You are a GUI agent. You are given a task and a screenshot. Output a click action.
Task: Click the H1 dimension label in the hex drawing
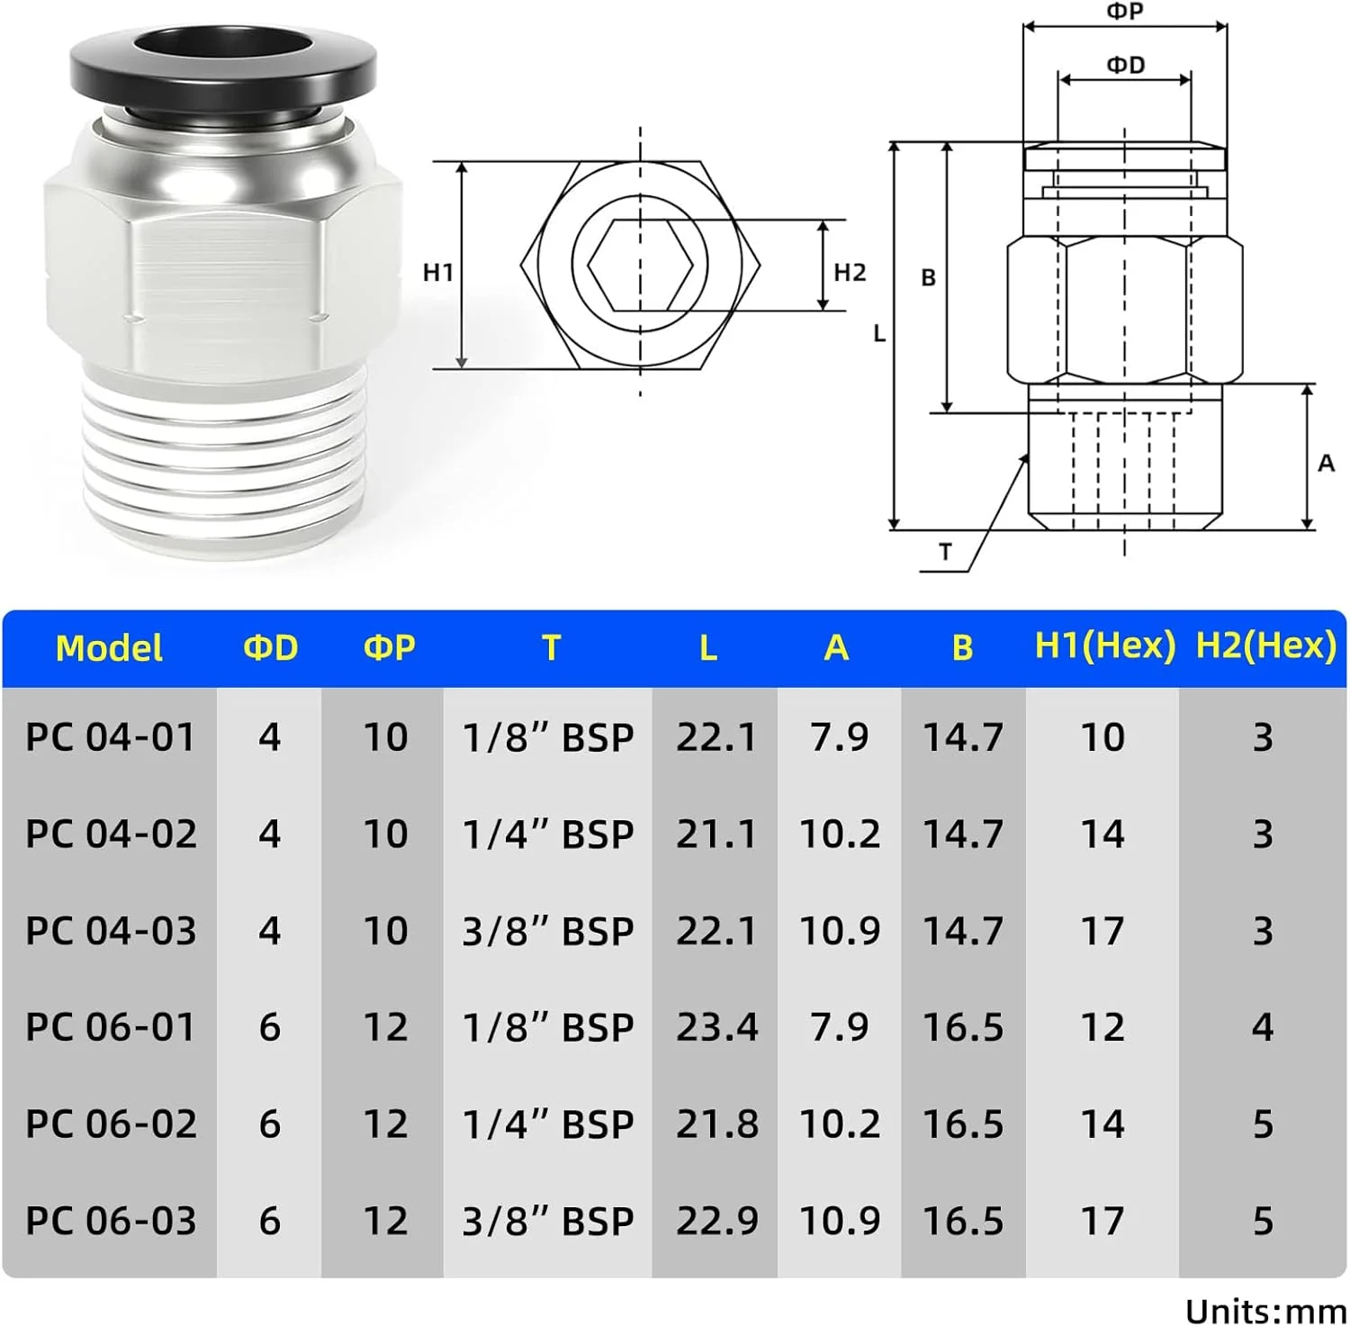(438, 272)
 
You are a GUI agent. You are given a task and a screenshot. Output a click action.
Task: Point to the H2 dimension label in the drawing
(849, 272)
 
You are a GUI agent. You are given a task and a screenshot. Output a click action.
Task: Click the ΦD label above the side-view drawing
(1125, 65)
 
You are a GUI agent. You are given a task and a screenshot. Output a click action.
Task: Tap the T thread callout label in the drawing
(945, 552)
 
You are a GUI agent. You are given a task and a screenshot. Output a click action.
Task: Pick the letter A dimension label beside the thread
(1326, 463)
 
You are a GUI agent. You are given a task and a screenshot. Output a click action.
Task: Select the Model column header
(109, 648)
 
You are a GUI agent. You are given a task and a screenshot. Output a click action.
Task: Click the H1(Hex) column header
(1104, 645)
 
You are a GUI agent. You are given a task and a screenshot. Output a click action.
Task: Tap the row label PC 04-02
(111, 834)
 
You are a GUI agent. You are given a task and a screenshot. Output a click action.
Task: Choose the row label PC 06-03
(111, 1221)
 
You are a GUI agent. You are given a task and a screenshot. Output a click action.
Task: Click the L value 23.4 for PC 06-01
(716, 1027)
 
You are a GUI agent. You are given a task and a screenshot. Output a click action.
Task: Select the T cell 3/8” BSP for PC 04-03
(547, 931)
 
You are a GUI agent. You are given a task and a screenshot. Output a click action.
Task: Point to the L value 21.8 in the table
(716, 1124)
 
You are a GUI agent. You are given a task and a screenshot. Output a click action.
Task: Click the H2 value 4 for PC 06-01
(1262, 1027)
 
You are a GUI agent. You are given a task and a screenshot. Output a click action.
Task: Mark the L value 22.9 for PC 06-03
(716, 1221)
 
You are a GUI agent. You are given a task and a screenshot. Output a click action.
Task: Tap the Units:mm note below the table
(1264, 1311)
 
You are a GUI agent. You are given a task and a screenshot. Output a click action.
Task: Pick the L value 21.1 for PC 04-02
(716, 834)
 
